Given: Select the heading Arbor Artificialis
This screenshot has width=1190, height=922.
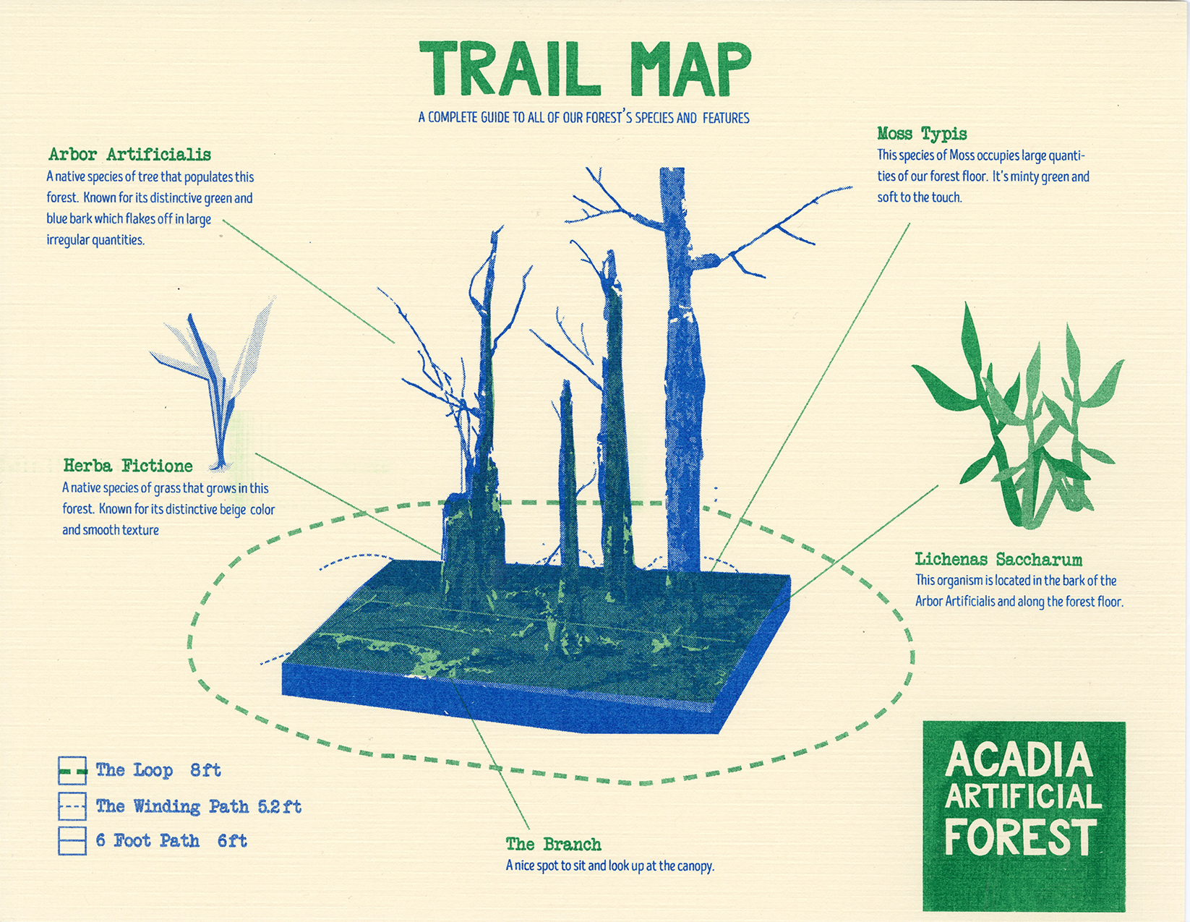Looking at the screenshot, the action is pyautogui.click(x=130, y=155).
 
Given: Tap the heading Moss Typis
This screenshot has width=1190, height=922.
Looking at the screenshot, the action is pyautogui.click(x=922, y=134).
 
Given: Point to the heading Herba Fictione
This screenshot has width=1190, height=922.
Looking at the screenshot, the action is pyautogui.click(x=128, y=466).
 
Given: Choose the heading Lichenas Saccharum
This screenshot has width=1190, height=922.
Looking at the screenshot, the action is pyautogui.click(x=998, y=559).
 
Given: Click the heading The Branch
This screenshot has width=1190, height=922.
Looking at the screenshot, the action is pyautogui.click(x=554, y=844).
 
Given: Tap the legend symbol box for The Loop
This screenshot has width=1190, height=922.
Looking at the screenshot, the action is pyautogui.click(x=72, y=770).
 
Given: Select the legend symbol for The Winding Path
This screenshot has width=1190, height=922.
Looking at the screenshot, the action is pyautogui.click(x=72, y=806).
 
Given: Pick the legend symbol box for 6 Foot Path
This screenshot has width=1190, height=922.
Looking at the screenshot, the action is pyautogui.click(x=72, y=840).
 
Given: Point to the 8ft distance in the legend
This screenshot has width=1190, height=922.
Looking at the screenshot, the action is pyautogui.click(x=206, y=770).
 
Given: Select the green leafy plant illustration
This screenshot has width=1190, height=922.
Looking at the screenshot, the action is pyautogui.click(x=1017, y=416).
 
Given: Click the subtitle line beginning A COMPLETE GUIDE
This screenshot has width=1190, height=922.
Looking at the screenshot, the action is pyautogui.click(x=583, y=117).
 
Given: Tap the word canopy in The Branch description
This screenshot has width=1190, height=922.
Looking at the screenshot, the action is pyautogui.click(x=695, y=867).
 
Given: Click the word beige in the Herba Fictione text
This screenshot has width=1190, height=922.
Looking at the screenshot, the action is pyautogui.click(x=233, y=510).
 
